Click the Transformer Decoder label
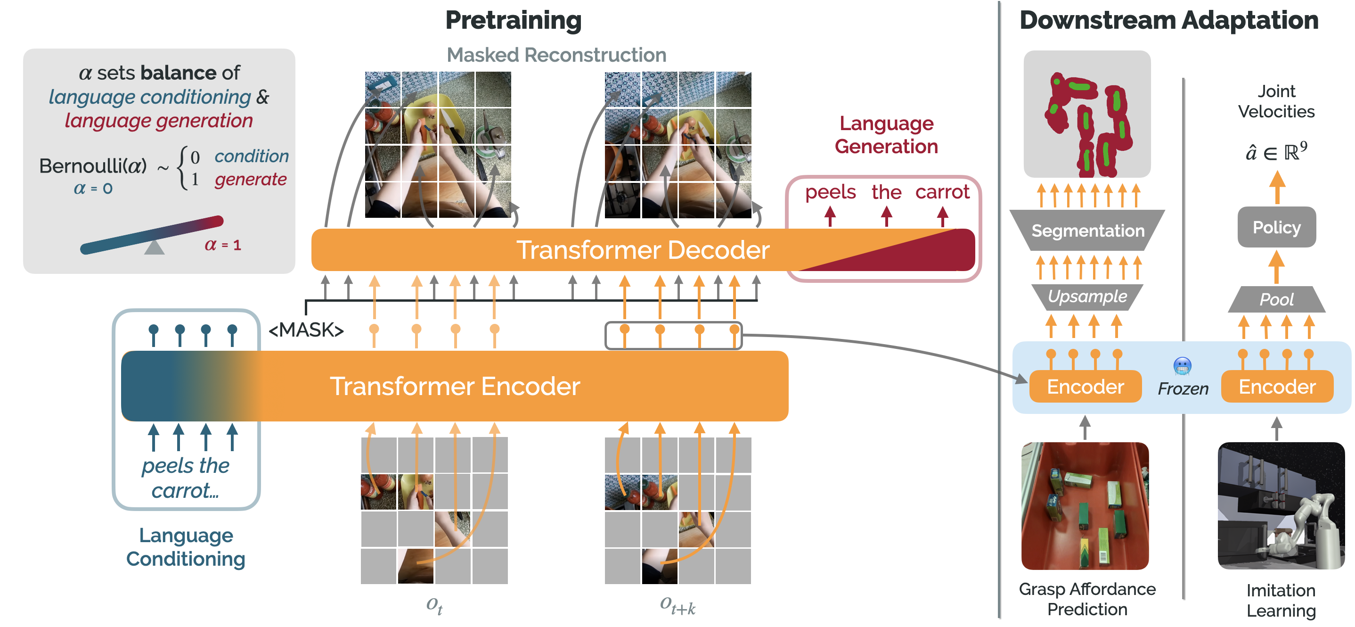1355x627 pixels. (x=642, y=249)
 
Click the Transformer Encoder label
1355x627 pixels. (x=455, y=386)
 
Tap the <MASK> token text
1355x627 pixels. (x=306, y=330)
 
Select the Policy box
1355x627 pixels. (x=1276, y=227)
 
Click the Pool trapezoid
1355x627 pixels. (x=1276, y=299)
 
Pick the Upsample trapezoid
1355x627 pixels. (x=1087, y=297)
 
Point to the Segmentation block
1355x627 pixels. (x=1087, y=231)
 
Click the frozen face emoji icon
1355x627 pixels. (x=1182, y=366)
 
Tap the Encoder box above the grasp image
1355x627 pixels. (x=1085, y=387)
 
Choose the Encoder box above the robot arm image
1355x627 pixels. (x=1277, y=387)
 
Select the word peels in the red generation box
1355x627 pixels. (x=830, y=192)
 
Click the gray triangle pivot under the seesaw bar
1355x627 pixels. (x=154, y=247)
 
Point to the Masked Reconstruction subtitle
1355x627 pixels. (x=556, y=55)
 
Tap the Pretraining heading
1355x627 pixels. (x=513, y=20)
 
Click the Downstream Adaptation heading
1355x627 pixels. (x=1168, y=20)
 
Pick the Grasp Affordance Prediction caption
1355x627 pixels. (x=1087, y=599)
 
